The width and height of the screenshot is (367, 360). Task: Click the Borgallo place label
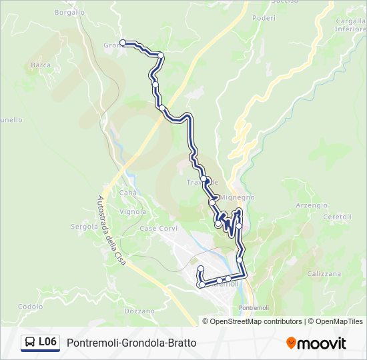[x=69, y=12]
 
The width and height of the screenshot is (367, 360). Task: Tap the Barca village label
[x=41, y=65]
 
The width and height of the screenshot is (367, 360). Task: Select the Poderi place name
[x=264, y=18]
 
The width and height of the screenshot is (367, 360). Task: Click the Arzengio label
[x=312, y=205]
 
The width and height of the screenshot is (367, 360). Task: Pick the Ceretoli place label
[x=337, y=217]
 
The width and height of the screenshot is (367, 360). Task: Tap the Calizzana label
[x=324, y=273]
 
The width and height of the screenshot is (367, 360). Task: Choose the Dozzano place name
[x=139, y=311]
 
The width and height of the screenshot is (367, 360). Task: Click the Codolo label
[x=31, y=307]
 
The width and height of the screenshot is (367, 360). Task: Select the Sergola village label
[x=85, y=227]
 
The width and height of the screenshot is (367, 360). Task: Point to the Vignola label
[x=132, y=212]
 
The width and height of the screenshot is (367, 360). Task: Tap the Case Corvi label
[x=158, y=228]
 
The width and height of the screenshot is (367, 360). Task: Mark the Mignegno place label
[x=238, y=197]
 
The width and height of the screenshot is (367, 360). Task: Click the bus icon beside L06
[x=31, y=343]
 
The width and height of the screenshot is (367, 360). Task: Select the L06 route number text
[x=47, y=342]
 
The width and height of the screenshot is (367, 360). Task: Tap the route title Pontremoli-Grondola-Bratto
[x=131, y=343]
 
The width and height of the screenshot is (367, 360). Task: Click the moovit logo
[x=316, y=343]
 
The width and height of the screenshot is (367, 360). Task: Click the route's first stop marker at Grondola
[x=123, y=43]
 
